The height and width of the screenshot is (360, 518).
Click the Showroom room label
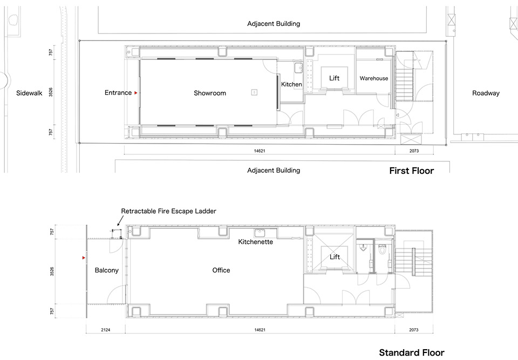[x=210, y=93]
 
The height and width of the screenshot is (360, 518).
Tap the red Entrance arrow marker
[x=135, y=93]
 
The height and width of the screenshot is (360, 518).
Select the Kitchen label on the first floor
[x=291, y=84]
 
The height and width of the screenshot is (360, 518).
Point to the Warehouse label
[x=373, y=78]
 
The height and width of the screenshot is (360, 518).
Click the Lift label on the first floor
[x=334, y=78]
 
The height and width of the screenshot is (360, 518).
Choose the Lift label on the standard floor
[x=335, y=257]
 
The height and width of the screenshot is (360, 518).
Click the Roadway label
[x=486, y=93]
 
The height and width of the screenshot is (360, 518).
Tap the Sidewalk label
[x=29, y=93]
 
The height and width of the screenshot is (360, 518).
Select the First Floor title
[x=411, y=171]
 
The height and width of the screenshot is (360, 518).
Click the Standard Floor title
[x=412, y=352]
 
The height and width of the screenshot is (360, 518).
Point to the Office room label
[x=221, y=270]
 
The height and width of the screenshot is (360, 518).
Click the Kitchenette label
[x=255, y=242]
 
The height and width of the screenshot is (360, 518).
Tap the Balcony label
[x=106, y=270]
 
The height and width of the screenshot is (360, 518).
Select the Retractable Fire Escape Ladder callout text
[x=168, y=211]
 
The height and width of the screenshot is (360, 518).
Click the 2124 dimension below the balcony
[x=105, y=330]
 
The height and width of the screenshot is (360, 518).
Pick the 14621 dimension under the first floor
[x=260, y=151]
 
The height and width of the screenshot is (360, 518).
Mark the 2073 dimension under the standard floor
[x=414, y=330]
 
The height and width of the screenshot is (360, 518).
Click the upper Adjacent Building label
[x=274, y=23]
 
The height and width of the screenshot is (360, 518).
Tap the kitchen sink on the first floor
[x=298, y=68]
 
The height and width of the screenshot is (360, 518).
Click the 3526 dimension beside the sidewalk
[x=51, y=92]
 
